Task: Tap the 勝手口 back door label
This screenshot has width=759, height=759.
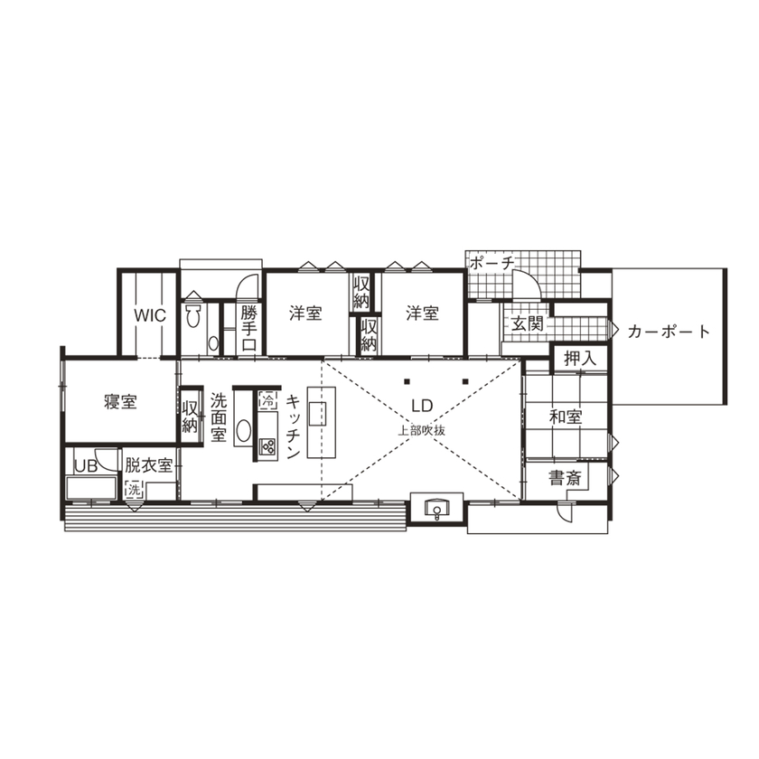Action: [249, 329]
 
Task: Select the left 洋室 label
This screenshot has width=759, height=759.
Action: [306, 314]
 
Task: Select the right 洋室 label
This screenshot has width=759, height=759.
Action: [422, 314]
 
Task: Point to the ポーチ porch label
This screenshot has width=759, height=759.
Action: [492, 263]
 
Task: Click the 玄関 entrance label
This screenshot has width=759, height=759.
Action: [525, 324]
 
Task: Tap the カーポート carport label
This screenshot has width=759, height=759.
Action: [669, 332]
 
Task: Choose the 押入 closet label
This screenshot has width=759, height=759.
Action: [580, 358]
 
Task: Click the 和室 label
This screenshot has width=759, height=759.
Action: [566, 417]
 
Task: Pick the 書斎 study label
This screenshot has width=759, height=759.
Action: [566, 479]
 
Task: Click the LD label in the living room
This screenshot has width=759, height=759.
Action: [422, 408]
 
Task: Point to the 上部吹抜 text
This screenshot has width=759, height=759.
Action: [422, 430]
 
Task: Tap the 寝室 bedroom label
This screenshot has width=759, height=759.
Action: [119, 402]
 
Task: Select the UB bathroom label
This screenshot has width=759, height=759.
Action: [86, 466]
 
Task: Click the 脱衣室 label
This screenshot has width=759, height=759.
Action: [148, 466]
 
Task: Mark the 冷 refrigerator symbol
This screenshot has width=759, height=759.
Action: [267, 398]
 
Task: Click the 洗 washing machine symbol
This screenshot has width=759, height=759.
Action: [134, 489]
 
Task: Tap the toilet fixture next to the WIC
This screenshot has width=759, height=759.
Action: [192, 315]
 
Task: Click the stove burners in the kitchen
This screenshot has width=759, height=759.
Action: [267, 444]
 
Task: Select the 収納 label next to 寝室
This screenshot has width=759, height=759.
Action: [190, 417]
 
